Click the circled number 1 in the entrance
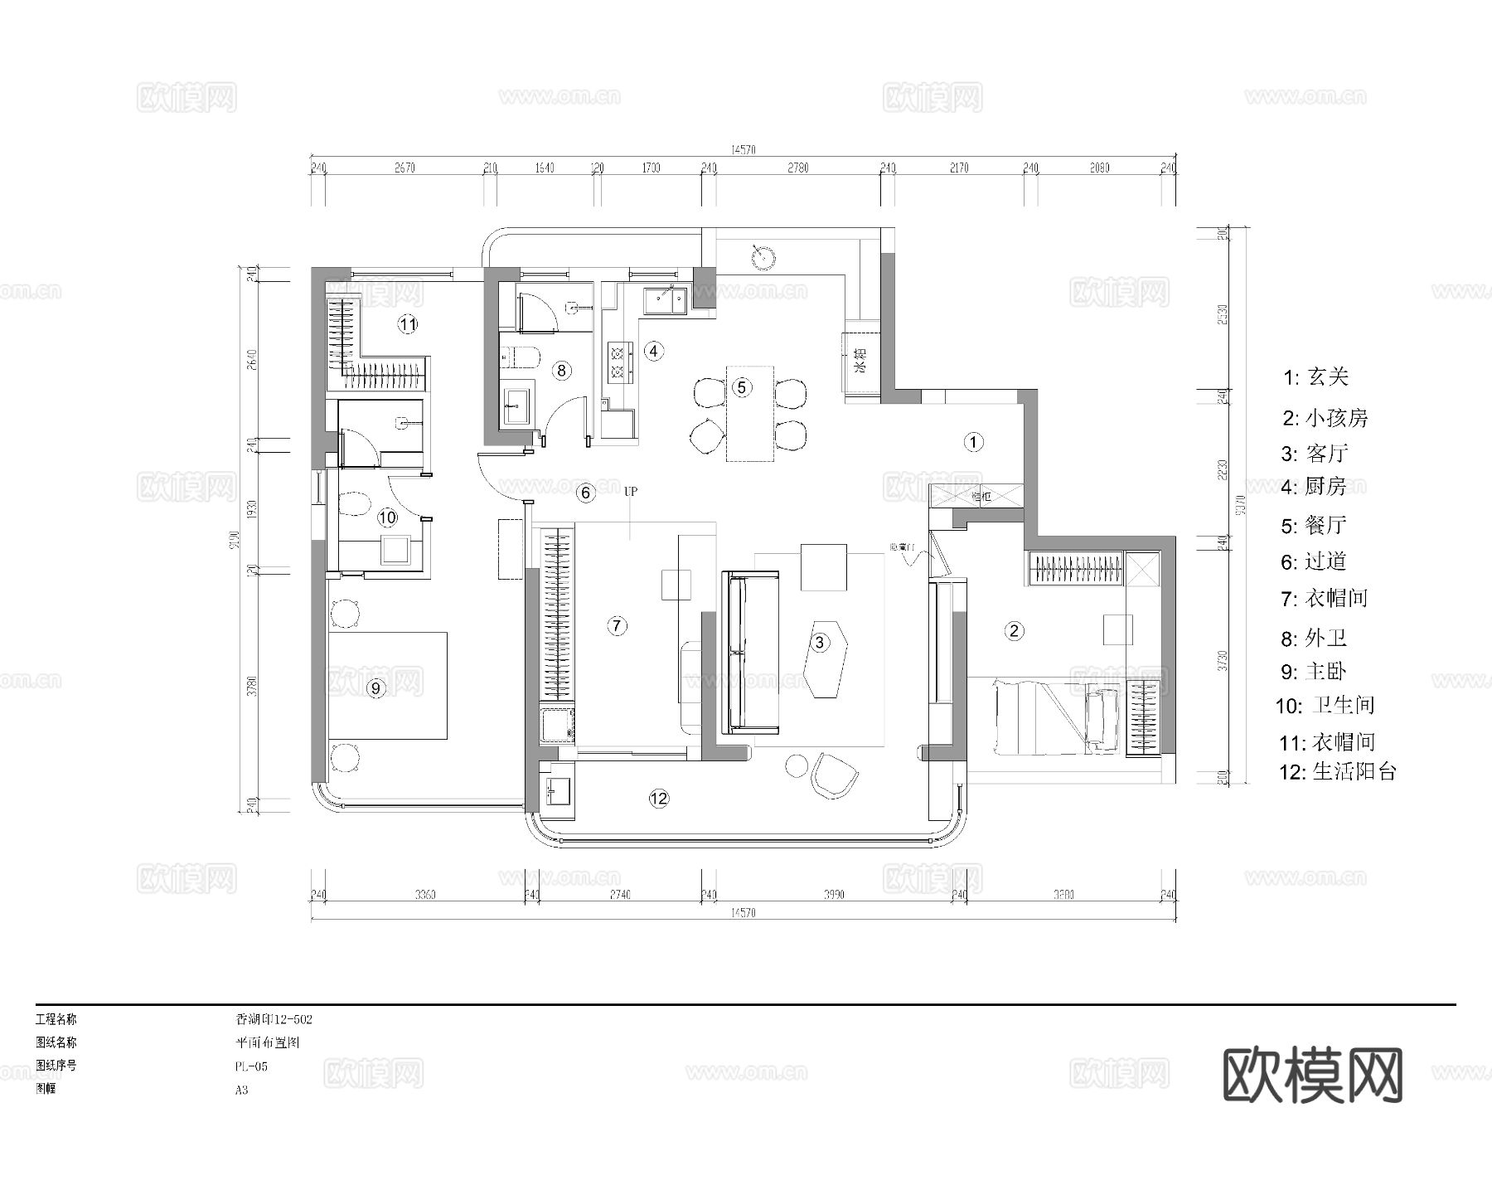pyautogui.click(x=974, y=442)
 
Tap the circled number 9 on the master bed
pyautogui.click(x=375, y=687)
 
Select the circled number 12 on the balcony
pyautogui.click(x=659, y=799)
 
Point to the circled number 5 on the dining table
pyautogui.click(x=742, y=386)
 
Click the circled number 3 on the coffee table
pyautogui.click(x=820, y=642)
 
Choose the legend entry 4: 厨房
pyautogui.click(x=1314, y=487)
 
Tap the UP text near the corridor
pyautogui.click(x=631, y=492)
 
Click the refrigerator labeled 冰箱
pyautogui.click(x=860, y=362)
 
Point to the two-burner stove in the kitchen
pyautogui.click(x=619, y=362)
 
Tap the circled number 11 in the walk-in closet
pyautogui.click(x=407, y=324)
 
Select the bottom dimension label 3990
pyautogui.click(x=833, y=895)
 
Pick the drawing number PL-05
pyautogui.click(x=251, y=1066)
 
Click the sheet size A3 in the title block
pyautogui.click(x=241, y=1090)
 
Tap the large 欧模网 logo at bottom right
pyautogui.click(x=1313, y=1075)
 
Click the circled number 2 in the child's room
pyautogui.click(x=1015, y=631)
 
